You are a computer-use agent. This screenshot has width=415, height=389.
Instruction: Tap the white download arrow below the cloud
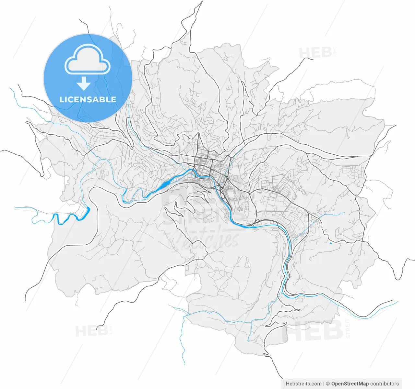(x=84, y=84)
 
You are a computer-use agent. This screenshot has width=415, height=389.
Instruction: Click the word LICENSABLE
(x=88, y=99)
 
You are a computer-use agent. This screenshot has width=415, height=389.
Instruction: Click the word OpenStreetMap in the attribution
(x=350, y=384)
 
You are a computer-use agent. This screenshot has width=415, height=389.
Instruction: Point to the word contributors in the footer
(x=385, y=384)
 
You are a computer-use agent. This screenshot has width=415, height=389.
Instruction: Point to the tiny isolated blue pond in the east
(x=330, y=243)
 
